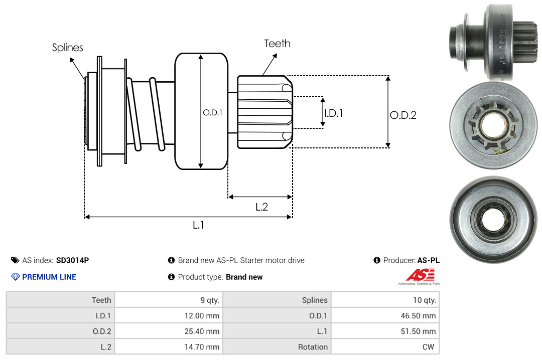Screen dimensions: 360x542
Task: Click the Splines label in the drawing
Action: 67,48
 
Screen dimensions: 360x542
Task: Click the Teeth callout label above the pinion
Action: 277,44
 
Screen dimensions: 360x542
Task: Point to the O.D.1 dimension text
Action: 212,113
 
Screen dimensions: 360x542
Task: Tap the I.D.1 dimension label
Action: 333,113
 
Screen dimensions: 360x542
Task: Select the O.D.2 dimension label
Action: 403,115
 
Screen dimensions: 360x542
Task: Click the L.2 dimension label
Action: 261,207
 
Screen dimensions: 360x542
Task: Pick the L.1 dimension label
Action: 198,225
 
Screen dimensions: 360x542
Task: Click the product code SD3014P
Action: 72,260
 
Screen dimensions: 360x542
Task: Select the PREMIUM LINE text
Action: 49,277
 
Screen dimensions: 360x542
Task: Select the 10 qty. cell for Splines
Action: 425,300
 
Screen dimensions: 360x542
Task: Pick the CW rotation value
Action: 430,347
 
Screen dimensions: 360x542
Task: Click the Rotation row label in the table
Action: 313,347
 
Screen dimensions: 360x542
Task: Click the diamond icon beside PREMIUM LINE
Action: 15,277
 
